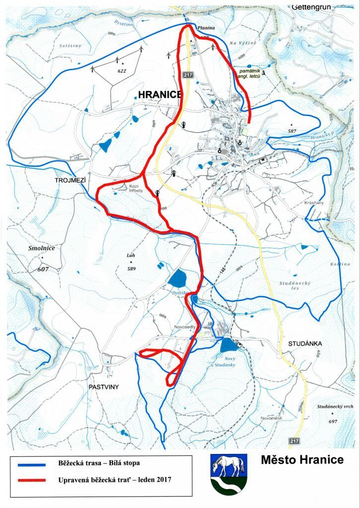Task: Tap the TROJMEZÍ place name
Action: (71, 182)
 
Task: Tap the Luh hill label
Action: (131, 255)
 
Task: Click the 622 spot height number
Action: (122, 71)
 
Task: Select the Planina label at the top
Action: (206, 29)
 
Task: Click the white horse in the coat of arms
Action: (227, 465)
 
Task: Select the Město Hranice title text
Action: (302, 460)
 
